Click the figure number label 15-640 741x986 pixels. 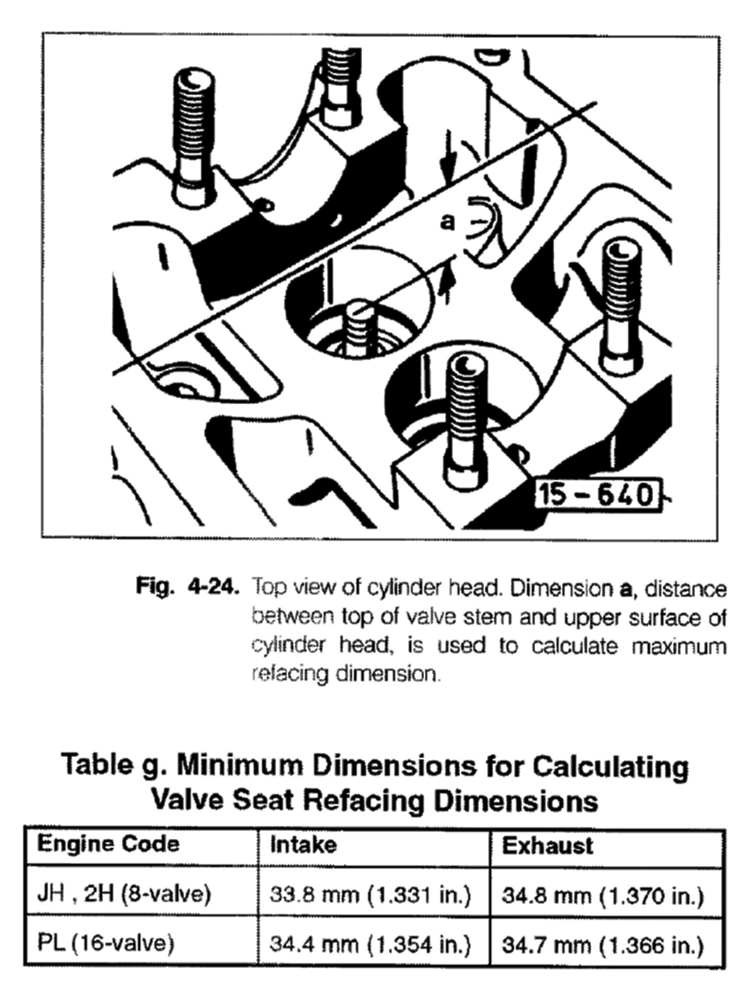(599, 496)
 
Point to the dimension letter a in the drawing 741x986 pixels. (448, 222)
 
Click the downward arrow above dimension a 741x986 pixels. (448, 153)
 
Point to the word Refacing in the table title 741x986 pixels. (364, 801)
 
